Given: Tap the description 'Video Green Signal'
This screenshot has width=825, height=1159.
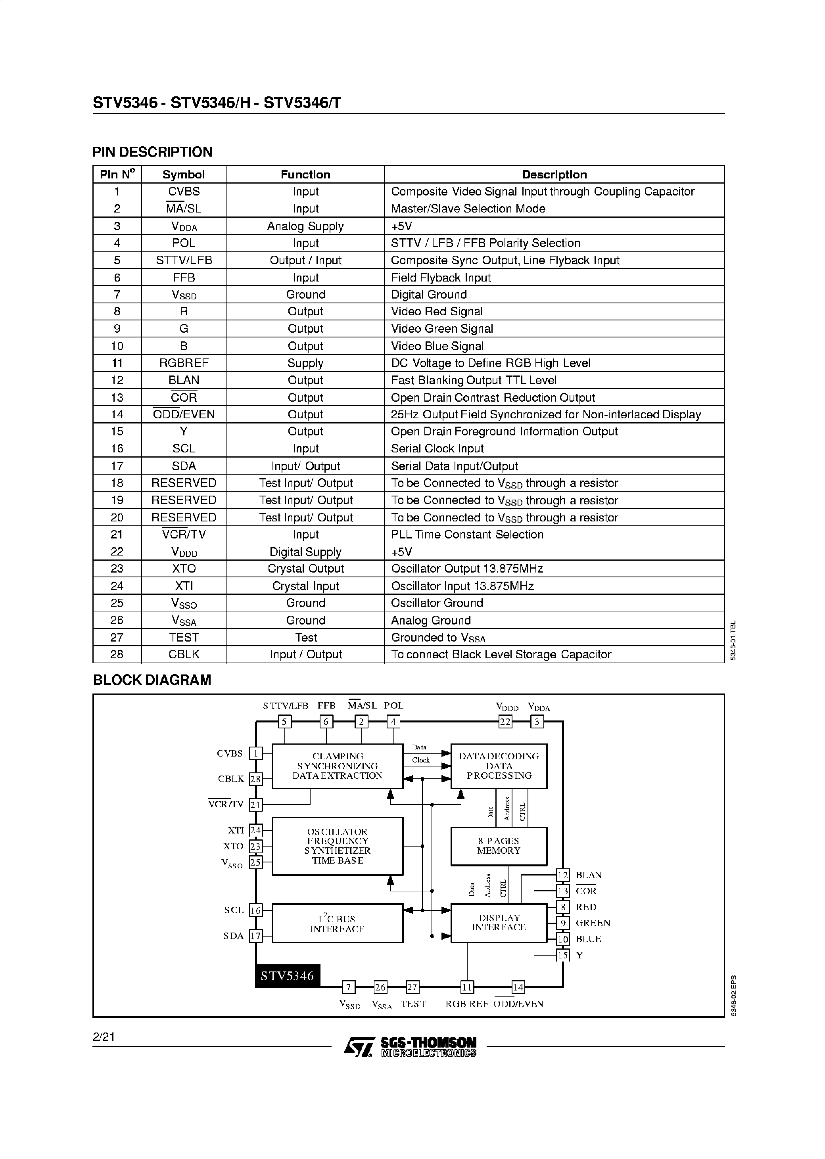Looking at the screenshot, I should [x=442, y=329].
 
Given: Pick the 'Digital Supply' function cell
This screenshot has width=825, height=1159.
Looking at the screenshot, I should [x=305, y=552].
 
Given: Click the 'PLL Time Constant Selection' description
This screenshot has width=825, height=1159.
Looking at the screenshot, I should [x=467, y=535].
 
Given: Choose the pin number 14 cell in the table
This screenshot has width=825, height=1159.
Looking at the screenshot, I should [x=117, y=414].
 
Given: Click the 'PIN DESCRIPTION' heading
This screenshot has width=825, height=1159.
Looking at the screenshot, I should [x=152, y=152].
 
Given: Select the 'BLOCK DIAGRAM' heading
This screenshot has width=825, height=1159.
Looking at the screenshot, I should [x=152, y=680].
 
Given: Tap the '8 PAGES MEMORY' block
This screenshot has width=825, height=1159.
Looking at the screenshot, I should [x=499, y=846].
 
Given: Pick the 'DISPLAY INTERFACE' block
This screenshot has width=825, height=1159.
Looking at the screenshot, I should [x=499, y=923].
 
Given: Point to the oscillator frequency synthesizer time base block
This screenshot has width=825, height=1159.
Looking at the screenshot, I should [x=337, y=846].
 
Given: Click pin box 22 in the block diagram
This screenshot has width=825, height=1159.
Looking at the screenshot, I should [x=505, y=722].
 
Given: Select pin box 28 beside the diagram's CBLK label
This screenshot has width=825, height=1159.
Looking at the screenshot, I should [x=255, y=779].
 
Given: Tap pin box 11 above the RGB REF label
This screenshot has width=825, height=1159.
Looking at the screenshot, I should [x=467, y=987].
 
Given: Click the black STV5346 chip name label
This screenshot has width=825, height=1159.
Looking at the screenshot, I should [x=288, y=976].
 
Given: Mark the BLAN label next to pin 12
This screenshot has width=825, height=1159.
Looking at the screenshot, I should [x=588, y=875].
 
